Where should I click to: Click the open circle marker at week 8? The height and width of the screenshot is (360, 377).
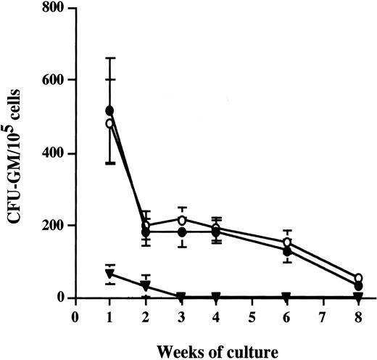357,278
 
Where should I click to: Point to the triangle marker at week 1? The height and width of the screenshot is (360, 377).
109,274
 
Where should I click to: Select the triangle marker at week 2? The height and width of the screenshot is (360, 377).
146,286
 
